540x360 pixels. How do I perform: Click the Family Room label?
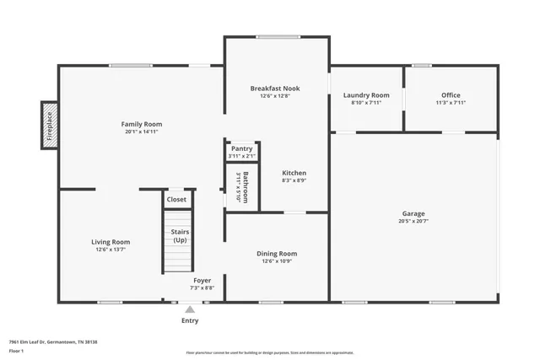[141, 124]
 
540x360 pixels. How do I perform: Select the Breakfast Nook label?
[275, 89]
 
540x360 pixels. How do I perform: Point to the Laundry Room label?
[366, 95]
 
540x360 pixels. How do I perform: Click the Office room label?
[451, 95]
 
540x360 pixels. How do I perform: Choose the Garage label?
[413, 213]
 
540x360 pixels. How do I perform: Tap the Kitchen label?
[294, 173]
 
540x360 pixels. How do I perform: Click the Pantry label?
[241, 148]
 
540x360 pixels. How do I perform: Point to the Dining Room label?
[277, 253]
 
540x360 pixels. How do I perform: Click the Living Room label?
[111, 242]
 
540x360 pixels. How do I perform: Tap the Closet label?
[176, 200]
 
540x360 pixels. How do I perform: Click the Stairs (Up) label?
[180, 235]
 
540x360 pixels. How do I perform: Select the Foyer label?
[202, 280]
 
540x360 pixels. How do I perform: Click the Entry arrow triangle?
[190, 309]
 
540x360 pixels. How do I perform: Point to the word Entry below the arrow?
[190, 320]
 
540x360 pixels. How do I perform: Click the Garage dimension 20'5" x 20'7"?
[413, 222]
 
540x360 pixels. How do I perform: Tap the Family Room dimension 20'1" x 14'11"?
[141, 132]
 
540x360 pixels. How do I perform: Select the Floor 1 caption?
[16, 350]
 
